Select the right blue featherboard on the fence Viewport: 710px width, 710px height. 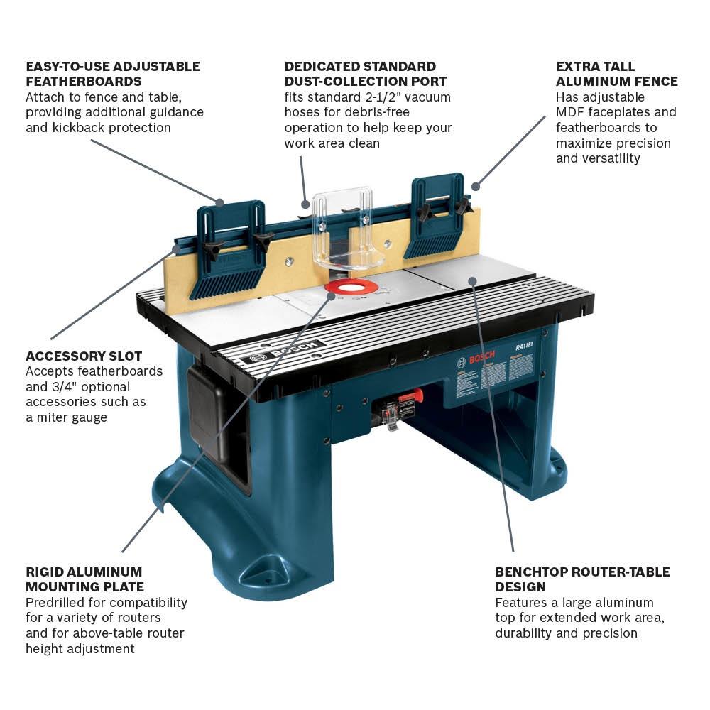435,217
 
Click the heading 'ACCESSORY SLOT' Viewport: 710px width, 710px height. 84,356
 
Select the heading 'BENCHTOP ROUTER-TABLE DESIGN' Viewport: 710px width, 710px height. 582,579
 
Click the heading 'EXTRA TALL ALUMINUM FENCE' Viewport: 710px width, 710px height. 616,74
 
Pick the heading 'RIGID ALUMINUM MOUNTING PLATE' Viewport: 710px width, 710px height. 84,579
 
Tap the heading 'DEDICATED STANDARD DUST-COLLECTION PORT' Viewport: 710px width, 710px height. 365,74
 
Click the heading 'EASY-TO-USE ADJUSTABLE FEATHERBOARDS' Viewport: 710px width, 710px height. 113,74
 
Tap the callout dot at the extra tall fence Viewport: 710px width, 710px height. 476,187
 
